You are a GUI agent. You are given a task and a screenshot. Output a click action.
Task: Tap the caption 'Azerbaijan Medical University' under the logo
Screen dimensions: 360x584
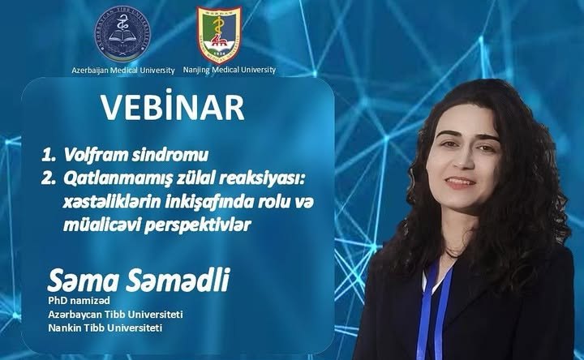click(121, 70)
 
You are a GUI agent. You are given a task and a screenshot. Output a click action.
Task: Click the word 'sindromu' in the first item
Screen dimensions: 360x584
click(153, 153)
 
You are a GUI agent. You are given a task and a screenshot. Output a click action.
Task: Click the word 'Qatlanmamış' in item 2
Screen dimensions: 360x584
click(105, 177)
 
